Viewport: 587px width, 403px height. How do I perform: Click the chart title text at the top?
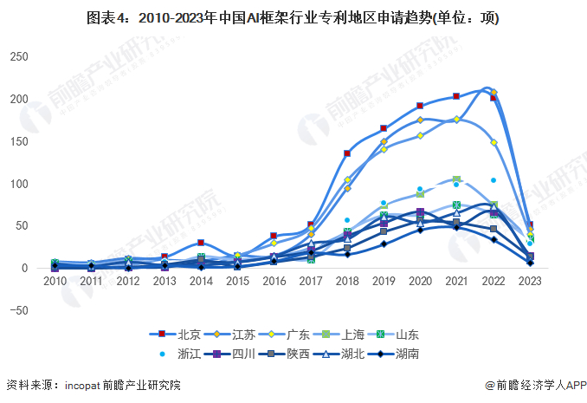[x=293, y=17]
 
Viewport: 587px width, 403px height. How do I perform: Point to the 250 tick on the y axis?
[x=19, y=57]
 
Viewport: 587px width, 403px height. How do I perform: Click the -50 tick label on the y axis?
[x=19, y=310]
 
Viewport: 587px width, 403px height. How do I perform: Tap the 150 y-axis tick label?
[x=19, y=141]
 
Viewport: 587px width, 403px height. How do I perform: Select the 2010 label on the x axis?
[x=55, y=283]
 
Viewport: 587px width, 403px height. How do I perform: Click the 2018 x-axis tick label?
[x=347, y=283]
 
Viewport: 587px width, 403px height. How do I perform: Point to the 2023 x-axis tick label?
[x=530, y=283]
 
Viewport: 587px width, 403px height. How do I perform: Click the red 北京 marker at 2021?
[x=456, y=96]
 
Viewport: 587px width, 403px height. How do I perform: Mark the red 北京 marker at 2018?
[x=347, y=153]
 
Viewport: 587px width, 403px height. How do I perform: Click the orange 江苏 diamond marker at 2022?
[x=493, y=93]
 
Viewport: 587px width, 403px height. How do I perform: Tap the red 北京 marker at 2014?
[x=201, y=244]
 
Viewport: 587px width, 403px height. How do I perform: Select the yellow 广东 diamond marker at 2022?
[x=493, y=142]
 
